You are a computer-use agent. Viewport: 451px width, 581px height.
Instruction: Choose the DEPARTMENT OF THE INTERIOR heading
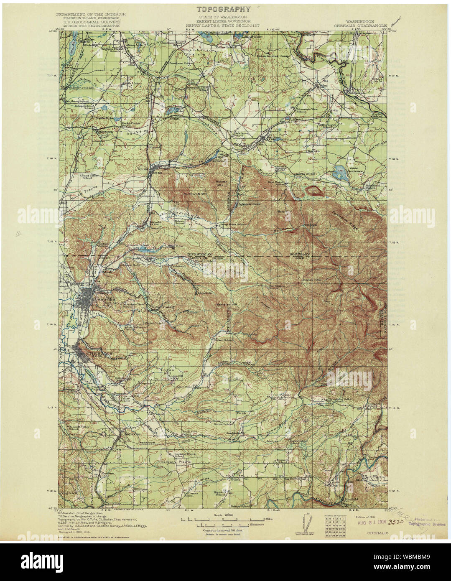(x=88, y=14)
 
